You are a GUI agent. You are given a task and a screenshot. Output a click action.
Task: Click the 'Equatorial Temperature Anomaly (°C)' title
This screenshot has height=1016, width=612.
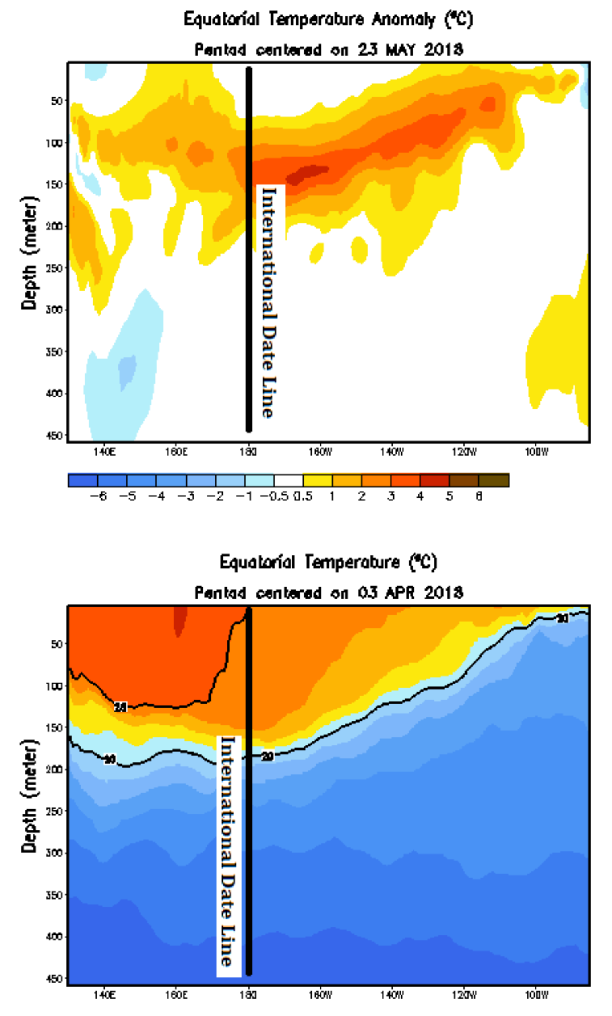328,20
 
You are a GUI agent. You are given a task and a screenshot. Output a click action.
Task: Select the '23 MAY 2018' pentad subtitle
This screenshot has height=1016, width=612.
328,50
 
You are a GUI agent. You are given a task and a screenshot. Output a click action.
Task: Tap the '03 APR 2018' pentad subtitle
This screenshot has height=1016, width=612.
328,593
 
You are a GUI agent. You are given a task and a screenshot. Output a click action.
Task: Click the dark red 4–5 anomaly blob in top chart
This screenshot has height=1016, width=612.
307,174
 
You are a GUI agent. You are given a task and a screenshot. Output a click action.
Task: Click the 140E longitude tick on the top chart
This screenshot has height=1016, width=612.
104,452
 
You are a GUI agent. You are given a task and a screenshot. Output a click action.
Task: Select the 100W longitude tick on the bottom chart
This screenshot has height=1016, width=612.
536,995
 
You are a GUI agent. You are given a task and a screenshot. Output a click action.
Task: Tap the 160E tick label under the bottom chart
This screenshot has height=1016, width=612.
176,995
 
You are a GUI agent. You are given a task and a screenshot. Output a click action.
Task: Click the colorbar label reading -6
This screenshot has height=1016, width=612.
98,496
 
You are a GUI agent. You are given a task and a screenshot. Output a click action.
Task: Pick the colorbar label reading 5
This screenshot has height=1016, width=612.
449,496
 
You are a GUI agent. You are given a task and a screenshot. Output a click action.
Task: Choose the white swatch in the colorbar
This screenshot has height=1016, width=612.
288,480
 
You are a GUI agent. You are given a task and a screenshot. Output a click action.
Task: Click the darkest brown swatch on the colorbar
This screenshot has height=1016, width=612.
494,480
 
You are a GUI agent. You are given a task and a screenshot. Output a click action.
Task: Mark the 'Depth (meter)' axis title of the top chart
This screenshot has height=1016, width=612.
30,253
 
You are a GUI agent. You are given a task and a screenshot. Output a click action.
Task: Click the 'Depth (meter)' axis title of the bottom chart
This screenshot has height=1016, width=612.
30,796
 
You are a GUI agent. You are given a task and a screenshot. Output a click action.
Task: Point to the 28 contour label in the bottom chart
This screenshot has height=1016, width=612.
120,707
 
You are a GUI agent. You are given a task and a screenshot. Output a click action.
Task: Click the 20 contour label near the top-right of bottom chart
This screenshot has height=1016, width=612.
562,619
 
